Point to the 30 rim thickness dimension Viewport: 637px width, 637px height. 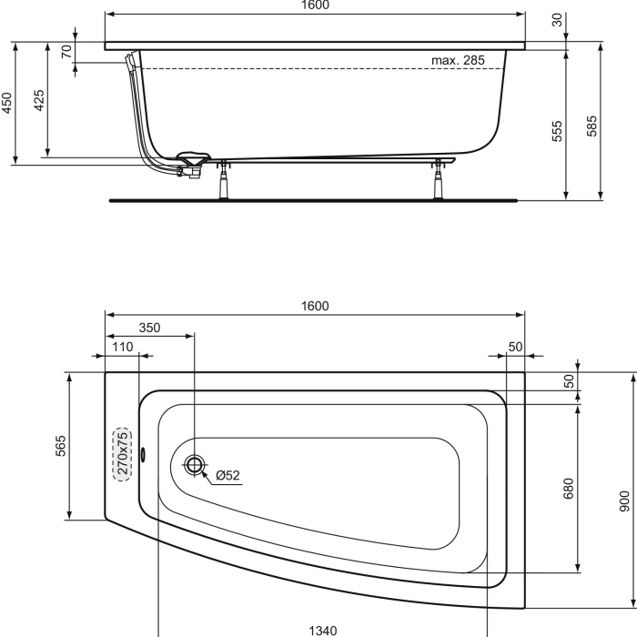(556, 20)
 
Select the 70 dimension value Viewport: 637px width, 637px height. (66, 51)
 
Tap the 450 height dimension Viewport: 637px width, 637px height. (6, 102)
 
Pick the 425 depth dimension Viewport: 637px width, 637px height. (39, 99)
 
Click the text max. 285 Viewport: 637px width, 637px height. (457, 60)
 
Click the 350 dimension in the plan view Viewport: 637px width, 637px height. (149, 328)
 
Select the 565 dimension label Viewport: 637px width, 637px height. (61, 447)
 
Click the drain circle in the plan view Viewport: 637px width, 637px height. (194, 466)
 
